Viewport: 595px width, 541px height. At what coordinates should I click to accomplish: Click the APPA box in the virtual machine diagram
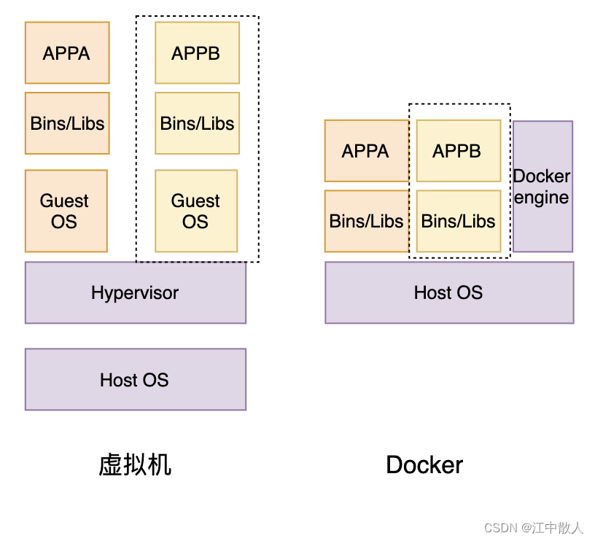pyautogui.click(x=67, y=52)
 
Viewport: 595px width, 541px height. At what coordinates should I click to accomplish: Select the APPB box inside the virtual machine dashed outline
pyautogui.click(x=197, y=52)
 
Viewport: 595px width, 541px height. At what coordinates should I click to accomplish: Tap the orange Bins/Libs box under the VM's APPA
pyautogui.click(x=67, y=123)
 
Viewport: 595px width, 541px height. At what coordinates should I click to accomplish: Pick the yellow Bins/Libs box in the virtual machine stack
pyautogui.click(x=197, y=123)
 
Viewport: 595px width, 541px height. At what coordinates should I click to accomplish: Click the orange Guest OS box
pyautogui.click(x=66, y=211)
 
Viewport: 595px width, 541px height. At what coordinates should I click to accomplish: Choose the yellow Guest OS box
pyautogui.click(x=196, y=211)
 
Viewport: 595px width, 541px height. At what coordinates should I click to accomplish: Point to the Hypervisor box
pyautogui.click(x=136, y=292)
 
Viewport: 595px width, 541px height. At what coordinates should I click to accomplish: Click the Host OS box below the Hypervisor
pyautogui.click(x=136, y=379)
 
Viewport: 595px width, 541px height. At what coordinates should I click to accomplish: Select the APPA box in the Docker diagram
pyautogui.click(x=366, y=151)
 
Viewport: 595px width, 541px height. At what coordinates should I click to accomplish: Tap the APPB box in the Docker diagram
pyautogui.click(x=458, y=151)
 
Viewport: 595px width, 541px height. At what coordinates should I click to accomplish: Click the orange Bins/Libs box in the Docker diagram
pyautogui.click(x=366, y=221)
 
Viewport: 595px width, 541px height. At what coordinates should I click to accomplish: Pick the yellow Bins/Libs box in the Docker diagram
pyautogui.click(x=458, y=221)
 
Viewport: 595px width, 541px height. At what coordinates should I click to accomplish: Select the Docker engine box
pyautogui.click(x=542, y=187)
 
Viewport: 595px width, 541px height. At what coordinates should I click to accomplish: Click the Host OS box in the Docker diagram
pyautogui.click(x=449, y=292)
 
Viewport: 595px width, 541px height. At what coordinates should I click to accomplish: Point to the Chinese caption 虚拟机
pyautogui.click(x=135, y=464)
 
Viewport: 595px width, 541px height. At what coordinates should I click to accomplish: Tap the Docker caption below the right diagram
pyautogui.click(x=424, y=464)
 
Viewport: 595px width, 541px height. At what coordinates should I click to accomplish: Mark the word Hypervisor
pyautogui.click(x=135, y=292)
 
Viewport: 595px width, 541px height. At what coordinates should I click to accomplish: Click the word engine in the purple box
pyautogui.click(x=541, y=198)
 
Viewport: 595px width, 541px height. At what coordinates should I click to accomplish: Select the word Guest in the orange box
pyautogui.click(x=64, y=201)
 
